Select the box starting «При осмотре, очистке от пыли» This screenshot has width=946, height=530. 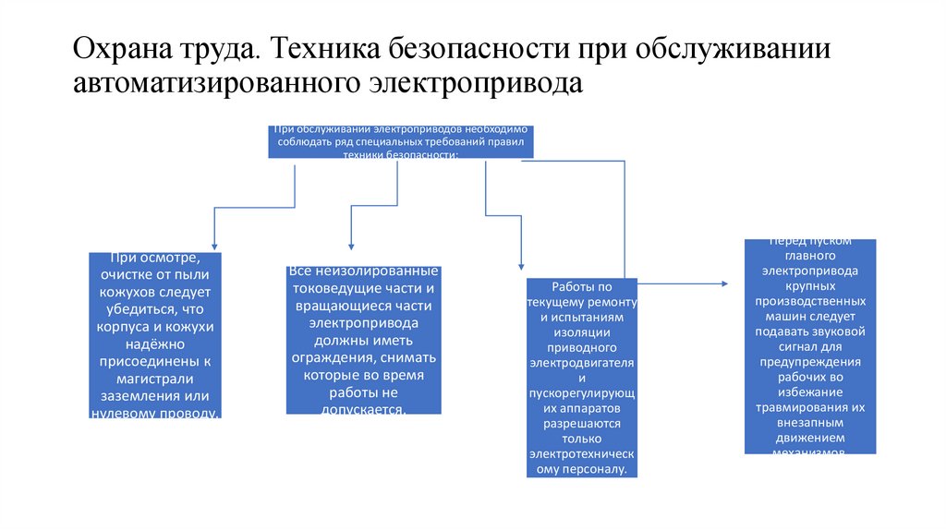(156, 335)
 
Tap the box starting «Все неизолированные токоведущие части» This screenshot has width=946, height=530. (363, 341)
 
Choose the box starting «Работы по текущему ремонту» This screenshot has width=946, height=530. (582, 378)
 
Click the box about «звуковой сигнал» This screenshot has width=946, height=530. (810, 346)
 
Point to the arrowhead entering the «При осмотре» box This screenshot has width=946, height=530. (214, 246)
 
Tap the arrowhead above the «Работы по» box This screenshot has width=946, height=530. (520, 266)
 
